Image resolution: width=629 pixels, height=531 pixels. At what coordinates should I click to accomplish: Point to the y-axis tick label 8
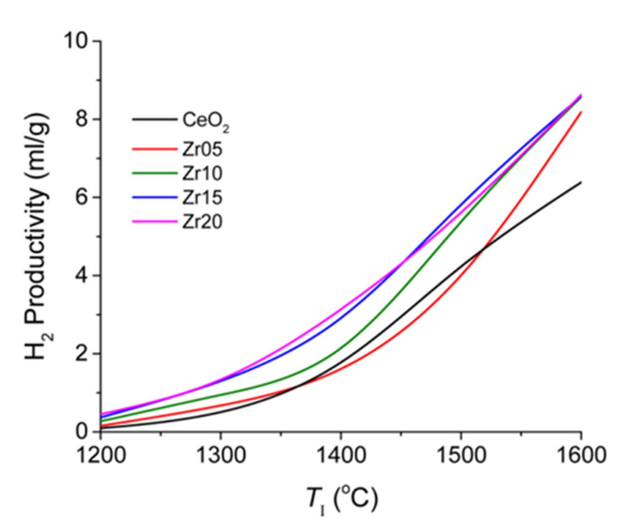83,120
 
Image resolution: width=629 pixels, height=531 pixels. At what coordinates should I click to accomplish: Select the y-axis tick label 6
83,198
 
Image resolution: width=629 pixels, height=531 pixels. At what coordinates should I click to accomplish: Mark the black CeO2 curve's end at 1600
580,183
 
